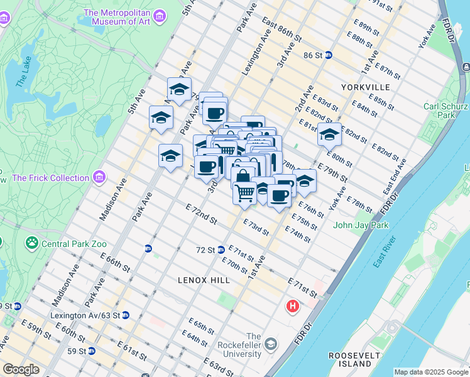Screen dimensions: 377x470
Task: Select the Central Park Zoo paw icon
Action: pos(31,243)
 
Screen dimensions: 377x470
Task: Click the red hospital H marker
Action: pos(292,307)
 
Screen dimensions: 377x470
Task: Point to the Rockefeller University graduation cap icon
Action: pos(270,344)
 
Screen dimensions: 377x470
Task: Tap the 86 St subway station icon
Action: pos(329,55)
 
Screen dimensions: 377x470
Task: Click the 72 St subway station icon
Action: pos(221,249)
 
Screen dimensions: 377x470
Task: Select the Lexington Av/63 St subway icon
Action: pos(126,315)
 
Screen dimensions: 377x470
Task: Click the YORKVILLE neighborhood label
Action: pos(366,87)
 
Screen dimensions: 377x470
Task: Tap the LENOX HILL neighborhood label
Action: pos(204,280)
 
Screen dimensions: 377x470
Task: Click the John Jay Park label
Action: pos(361,225)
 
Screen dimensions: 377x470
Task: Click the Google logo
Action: pos(21,369)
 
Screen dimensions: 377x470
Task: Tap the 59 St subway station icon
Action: pos(92,351)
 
